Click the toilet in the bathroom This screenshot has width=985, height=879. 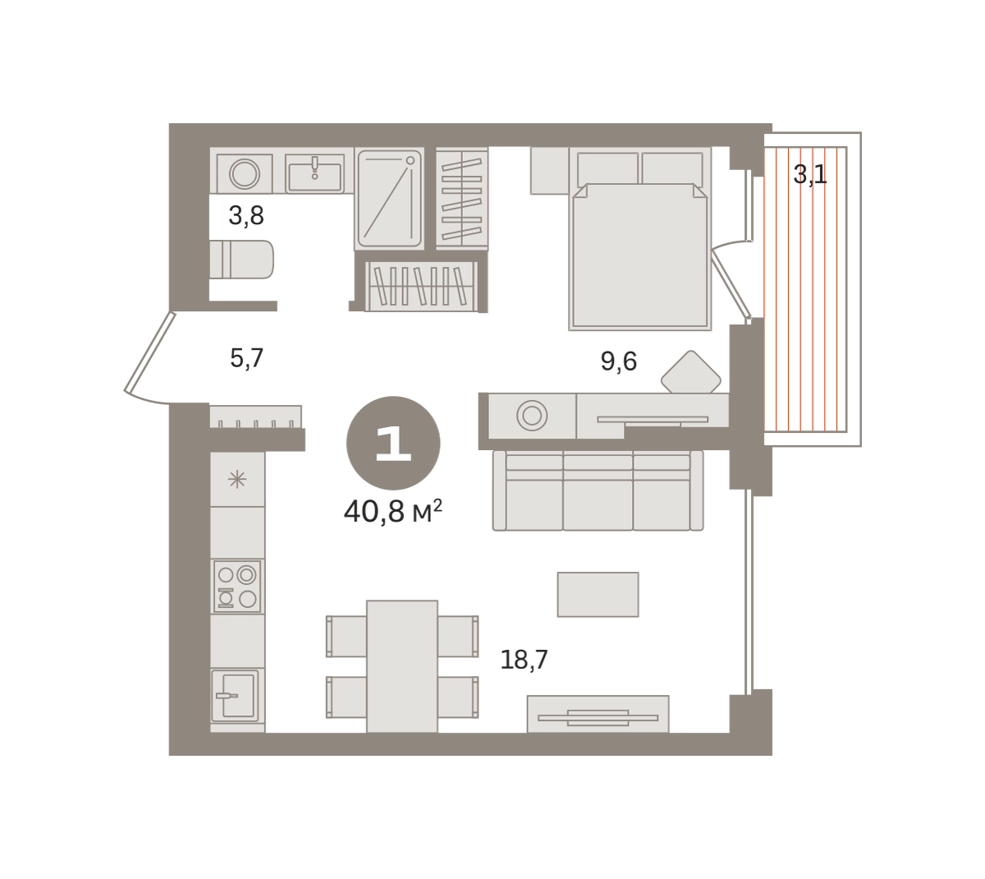[x=241, y=260]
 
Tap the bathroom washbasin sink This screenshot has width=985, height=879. [x=314, y=174]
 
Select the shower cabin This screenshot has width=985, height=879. [x=389, y=199]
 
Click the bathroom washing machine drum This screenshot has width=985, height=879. [x=244, y=174]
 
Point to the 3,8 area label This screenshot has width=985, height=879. [x=246, y=215]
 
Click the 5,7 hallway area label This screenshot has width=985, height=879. [x=246, y=358]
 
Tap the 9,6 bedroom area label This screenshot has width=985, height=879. [x=618, y=361]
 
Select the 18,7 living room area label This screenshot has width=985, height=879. [x=524, y=660]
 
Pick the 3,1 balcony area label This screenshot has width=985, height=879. [x=809, y=174]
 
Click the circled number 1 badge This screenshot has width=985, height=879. [x=393, y=443]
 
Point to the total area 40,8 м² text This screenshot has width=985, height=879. [x=393, y=512]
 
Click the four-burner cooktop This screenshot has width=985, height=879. [x=236, y=586]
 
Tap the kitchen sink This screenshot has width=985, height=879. [x=235, y=695]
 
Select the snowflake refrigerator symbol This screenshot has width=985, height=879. [x=237, y=480]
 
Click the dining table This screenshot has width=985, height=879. [x=402, y=666]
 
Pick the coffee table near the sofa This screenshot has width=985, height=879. [x=598, y=594]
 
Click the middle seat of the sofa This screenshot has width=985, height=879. [x=598, y=490]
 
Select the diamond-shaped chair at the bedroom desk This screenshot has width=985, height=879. [x=690, y=372]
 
